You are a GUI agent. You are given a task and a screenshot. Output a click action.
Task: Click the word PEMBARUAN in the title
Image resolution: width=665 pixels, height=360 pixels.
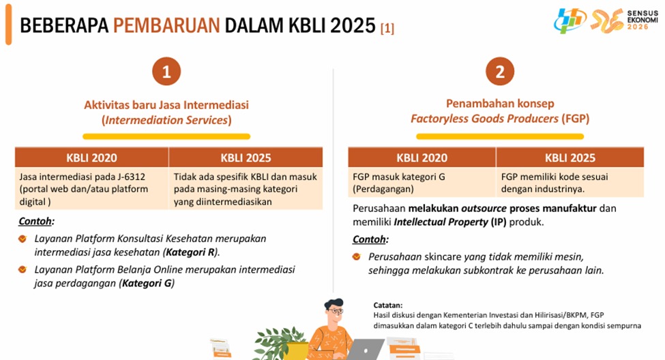coord(166,25)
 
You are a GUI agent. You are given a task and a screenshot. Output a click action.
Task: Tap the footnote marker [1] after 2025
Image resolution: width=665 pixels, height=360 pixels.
coord(387,28)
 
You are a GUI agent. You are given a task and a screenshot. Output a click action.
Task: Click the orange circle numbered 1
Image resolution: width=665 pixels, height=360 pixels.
coord(166,71)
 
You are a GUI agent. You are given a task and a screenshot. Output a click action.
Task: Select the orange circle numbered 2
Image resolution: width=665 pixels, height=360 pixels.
coord(500,71)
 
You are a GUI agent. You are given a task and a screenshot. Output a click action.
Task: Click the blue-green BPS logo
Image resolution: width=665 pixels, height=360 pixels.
coord(570,20)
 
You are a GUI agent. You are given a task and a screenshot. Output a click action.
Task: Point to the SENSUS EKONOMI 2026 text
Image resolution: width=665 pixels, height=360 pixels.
coord(642,20)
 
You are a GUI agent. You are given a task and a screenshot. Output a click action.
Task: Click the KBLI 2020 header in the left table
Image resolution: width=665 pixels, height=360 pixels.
coord(91,157)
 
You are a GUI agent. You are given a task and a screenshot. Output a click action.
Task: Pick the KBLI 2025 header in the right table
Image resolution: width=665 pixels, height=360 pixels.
coord(570,157)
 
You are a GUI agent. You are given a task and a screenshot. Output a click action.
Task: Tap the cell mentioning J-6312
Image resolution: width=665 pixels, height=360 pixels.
coord(91,189)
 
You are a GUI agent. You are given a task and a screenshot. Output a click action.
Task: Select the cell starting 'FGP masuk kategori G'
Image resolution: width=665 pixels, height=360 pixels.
coord(422,182)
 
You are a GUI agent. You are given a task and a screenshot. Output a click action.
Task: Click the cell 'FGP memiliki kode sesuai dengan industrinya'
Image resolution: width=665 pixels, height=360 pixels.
coord(570,182)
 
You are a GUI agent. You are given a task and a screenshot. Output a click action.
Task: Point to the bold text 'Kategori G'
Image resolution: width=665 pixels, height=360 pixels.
coord(147,283)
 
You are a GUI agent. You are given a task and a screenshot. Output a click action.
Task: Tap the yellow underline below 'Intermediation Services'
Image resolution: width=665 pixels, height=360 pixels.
coord(166,136)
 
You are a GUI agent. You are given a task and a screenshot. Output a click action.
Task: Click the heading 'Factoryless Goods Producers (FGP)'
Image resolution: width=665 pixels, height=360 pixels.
coord(500,119)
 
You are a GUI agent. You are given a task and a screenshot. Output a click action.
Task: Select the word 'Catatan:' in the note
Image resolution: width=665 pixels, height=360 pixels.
coord(388,305)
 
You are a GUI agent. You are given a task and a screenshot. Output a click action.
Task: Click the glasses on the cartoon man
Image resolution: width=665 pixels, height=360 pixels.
coord(336,311)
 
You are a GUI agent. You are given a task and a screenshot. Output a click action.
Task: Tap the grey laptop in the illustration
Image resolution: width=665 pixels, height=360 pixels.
coord(366,349)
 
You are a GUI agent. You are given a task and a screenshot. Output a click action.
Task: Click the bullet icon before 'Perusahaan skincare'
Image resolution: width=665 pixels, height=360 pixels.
coord(357,256)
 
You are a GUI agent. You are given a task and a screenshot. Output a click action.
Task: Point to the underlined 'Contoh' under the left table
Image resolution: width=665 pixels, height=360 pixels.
coord(35,222)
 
